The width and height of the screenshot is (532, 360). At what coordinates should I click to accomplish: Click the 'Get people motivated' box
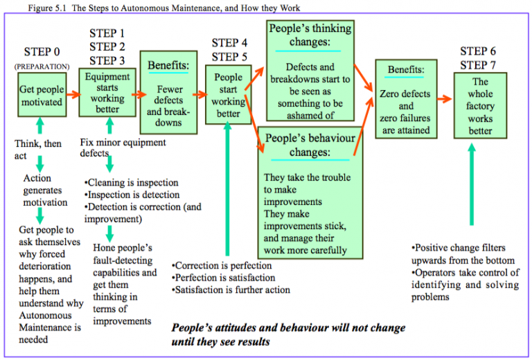coord(41,96)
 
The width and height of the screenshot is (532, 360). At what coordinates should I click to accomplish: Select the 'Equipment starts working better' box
coord(107,93)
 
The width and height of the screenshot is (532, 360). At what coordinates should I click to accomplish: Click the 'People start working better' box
coord(229,95)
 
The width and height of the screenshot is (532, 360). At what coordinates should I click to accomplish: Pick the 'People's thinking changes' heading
coord(309,35)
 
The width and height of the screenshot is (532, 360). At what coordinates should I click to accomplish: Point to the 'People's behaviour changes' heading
coord(309,145)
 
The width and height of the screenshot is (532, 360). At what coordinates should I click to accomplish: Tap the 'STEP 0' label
coord(42,52)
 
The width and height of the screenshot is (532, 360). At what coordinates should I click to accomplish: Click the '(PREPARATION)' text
coord(42,66)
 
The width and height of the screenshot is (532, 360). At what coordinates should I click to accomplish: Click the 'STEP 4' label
coord(229,43)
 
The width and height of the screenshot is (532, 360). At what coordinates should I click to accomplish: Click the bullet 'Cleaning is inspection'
coord(132,183)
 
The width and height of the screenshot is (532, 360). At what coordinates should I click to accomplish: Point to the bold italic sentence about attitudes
coord(287,334)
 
